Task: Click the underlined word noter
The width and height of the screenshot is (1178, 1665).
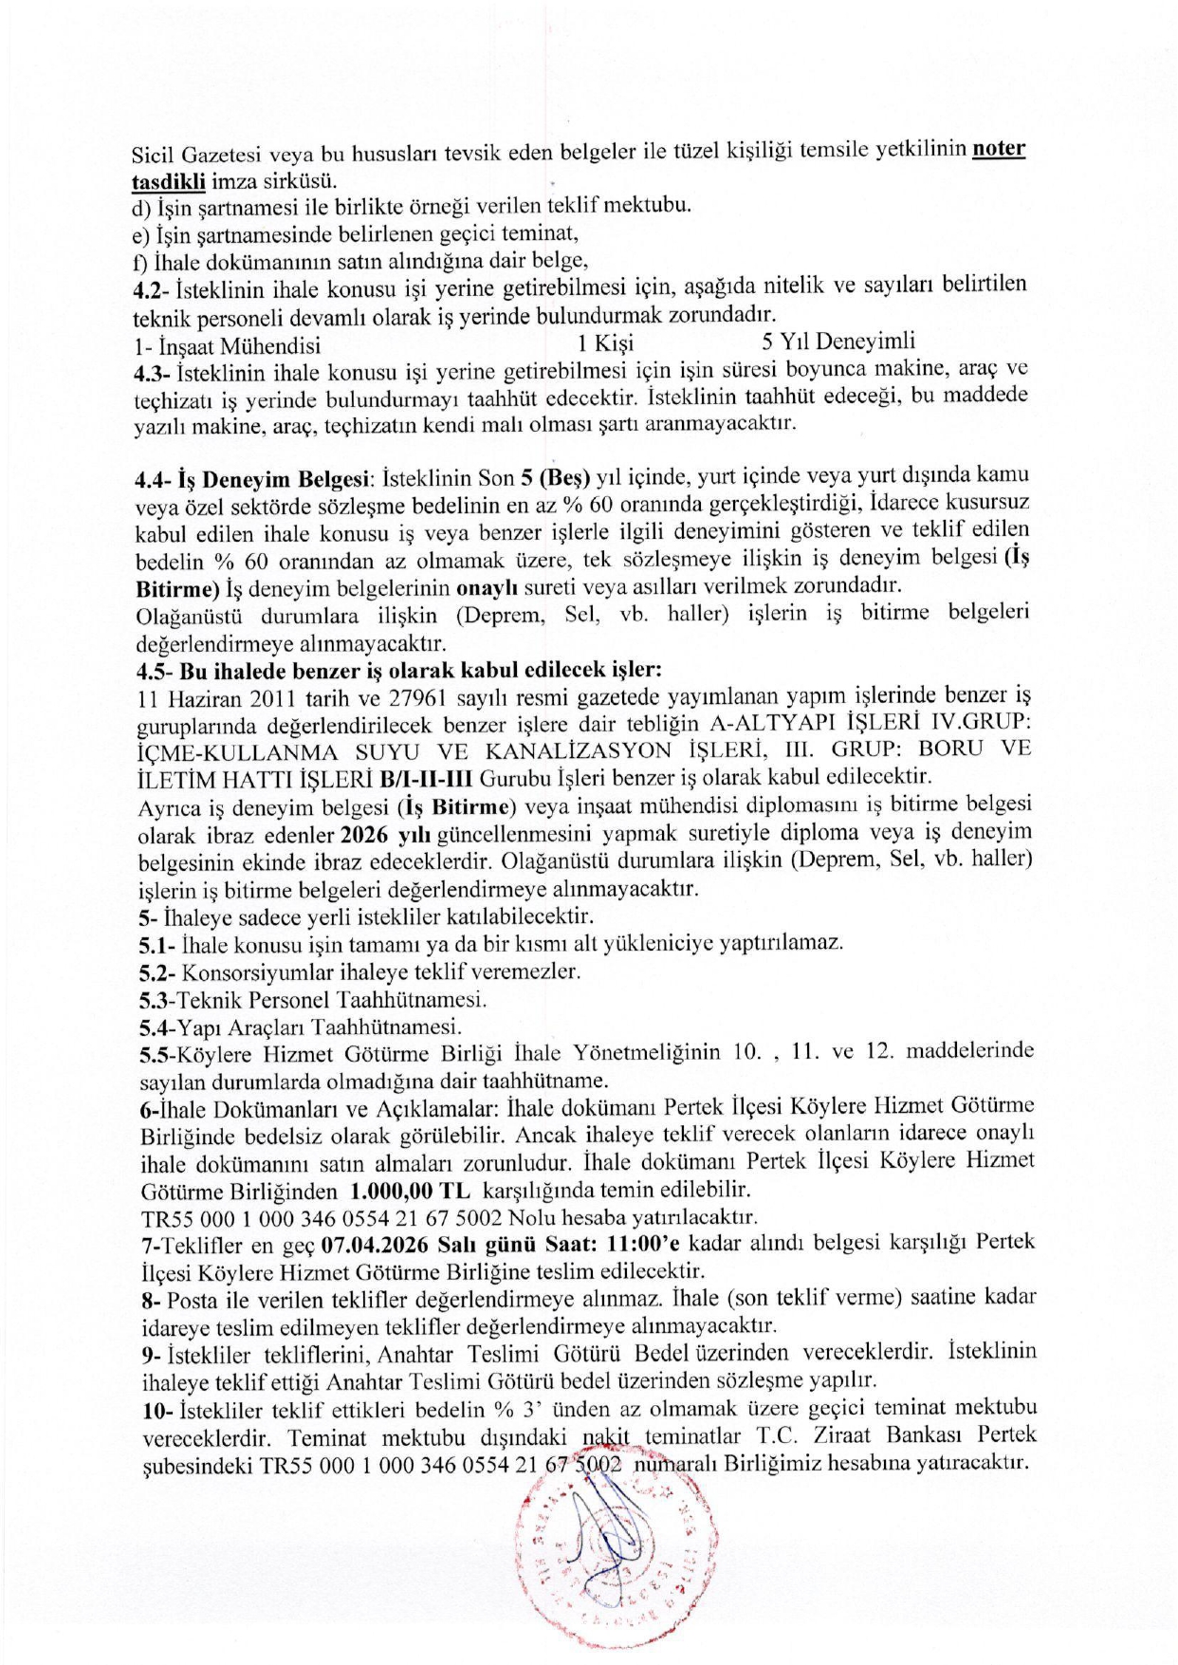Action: pyautogui.click(x=999, y=150)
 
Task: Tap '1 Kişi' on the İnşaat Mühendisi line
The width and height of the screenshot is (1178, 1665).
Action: pyautogui.click(x=605, y=342)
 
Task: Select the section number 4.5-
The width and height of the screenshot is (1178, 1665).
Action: pyautogui.click(x=156, y=670)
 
